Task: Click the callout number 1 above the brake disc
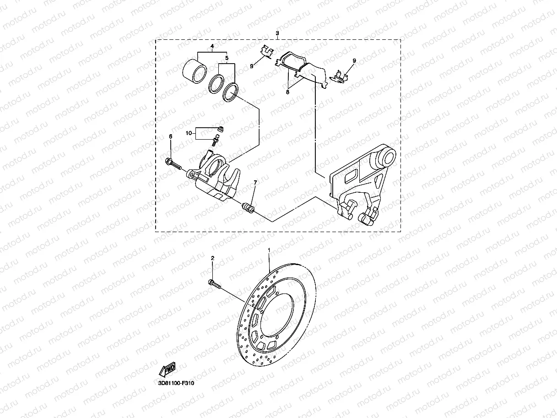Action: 269,250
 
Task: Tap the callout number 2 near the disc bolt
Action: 212,259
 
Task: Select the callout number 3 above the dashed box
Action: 277,34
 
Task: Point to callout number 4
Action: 212,47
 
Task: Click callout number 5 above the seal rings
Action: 227,59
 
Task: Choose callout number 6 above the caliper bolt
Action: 171,136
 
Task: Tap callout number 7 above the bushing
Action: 255,183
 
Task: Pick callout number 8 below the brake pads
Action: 288,92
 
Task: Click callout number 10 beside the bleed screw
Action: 188,133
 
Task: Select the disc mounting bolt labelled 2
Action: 214,285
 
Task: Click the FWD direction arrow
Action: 167,369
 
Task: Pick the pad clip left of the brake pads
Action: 266,52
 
